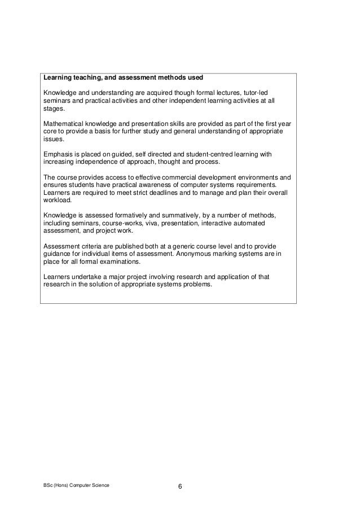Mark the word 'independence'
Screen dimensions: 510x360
click(91, 162)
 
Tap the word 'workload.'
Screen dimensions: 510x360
click(57, 200)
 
